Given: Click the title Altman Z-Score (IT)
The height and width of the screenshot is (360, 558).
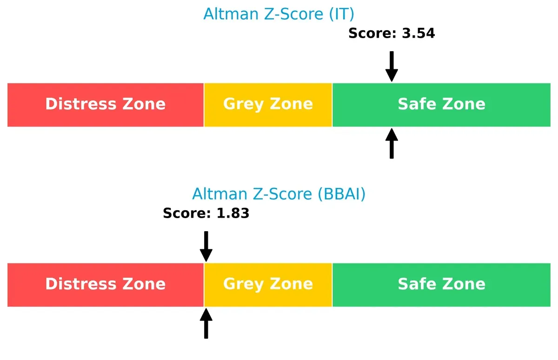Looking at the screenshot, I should pos(279,14).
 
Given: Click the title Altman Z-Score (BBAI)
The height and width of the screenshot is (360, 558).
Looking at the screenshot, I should pos(279,194).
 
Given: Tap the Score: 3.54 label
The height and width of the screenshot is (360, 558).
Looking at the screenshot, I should pos(392,33).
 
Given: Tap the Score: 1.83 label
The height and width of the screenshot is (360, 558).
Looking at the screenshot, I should pos(206,213).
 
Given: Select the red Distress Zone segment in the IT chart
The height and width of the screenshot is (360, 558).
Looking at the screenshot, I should pos(106,105).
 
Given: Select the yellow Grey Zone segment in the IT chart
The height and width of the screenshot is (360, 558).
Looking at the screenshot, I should pos(268,105).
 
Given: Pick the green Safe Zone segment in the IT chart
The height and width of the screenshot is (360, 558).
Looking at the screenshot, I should pos(441,105).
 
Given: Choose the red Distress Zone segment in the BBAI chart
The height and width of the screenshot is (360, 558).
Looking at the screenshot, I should pos(106,285).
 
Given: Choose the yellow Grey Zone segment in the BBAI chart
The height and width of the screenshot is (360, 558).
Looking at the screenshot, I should pos(268,285).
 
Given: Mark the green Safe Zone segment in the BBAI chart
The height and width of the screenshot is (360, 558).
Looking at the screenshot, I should pos(441,285).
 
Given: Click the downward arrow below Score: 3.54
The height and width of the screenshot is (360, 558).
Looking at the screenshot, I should pos(392,66).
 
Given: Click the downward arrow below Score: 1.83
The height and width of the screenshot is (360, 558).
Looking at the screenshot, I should pos(206,246).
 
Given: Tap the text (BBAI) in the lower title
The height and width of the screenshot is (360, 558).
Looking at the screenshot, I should pos(342,194).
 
